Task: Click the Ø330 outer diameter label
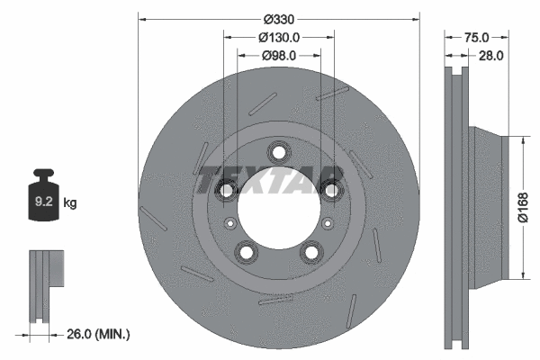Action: [x=278, y=18]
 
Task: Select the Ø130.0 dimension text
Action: [x=278, y=37]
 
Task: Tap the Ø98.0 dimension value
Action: [x=278, y=56]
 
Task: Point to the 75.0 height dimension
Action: [x=476, y=37]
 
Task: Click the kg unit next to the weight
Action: [x=70, y=203]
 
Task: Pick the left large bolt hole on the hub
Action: [x=225, y=189]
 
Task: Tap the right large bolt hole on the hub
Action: [x=333, y=189]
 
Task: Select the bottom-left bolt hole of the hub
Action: [x=246, y=252]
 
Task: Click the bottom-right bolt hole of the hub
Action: [x=312, y=252]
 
